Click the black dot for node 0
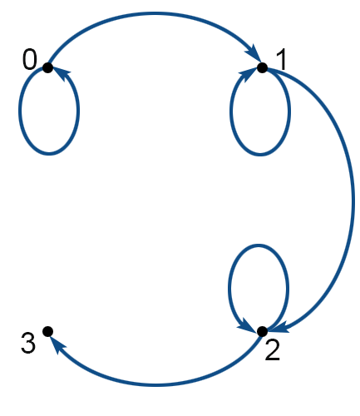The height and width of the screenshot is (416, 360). coord(47,67)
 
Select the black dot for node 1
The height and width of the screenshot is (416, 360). coord(262,67)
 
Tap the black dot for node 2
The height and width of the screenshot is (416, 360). coord(262,331)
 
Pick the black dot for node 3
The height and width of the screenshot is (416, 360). coord(47,331)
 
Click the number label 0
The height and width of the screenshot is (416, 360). coord(30,60)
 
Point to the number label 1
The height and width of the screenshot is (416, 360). coord(281,60)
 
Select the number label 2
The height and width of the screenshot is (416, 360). coord(272,350)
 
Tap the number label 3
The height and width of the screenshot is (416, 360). coord(28,344)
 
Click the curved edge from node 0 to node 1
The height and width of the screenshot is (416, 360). coord(154,13)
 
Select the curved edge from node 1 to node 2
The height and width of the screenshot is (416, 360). coord(353,200)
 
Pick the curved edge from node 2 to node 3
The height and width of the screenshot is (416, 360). coord(155,385)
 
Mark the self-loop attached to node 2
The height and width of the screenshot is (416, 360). coord(259,245)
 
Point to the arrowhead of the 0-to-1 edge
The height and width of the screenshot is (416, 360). coord(253,52)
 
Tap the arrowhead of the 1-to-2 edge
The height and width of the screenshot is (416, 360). coord(280,327)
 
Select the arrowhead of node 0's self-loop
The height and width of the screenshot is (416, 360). coord(62,74)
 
